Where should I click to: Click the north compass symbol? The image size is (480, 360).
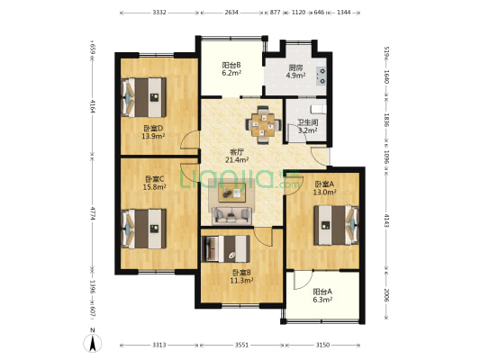click(93, 342)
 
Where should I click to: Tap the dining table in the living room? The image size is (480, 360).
click(263, 125)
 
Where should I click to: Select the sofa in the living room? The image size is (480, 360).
click(231, 215)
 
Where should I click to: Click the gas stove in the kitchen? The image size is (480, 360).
click(322, 76)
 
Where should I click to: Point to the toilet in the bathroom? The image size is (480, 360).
click(319, 109)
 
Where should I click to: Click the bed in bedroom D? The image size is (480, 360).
click(144, 97)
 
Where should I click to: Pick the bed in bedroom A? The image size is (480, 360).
click(336, 225)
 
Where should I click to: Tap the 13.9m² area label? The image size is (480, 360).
click(153, 137)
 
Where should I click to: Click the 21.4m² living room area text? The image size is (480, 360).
click(237, 159)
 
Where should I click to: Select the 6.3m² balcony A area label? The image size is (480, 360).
click(322, 300)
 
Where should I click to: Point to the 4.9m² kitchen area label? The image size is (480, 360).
click(295, 76)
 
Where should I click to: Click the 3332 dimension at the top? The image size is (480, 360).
click(159, 13)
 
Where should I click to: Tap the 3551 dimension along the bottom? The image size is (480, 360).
click(242, 345)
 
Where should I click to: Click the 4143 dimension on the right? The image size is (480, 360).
click(386, 220)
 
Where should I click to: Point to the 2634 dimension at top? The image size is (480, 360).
click(231, 13)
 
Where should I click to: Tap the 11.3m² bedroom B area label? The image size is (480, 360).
click(241, 280)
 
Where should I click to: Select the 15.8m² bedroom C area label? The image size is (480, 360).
click(155, 186)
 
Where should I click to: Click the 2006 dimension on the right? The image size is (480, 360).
click(386, 295)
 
